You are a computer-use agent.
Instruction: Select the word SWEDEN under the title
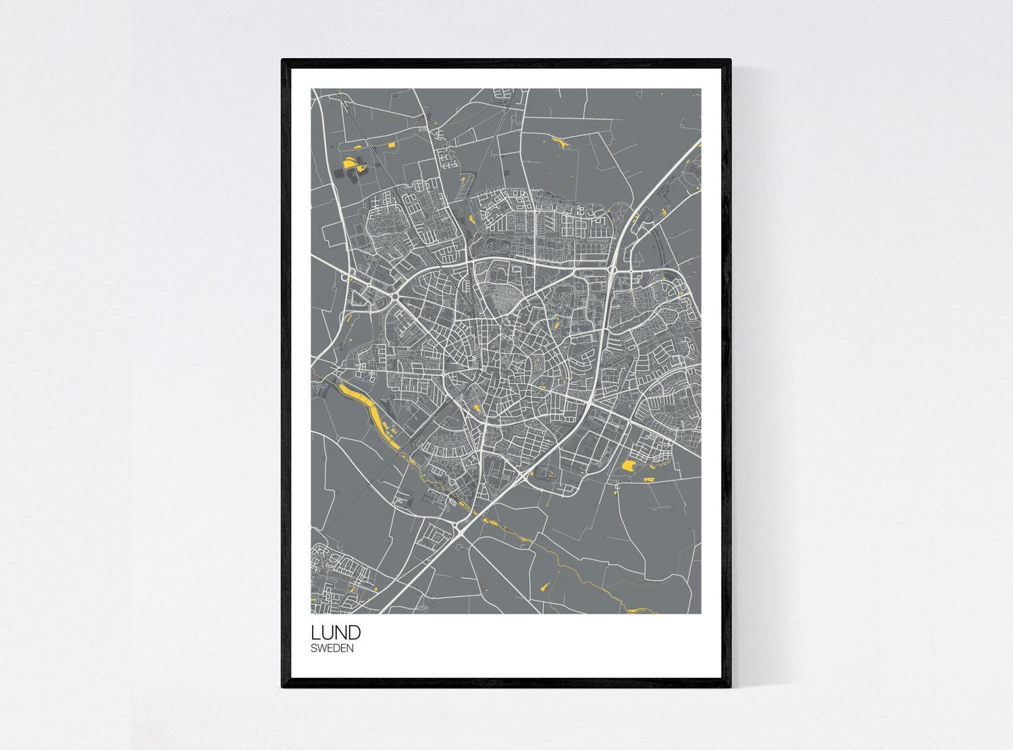pos(332,648)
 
